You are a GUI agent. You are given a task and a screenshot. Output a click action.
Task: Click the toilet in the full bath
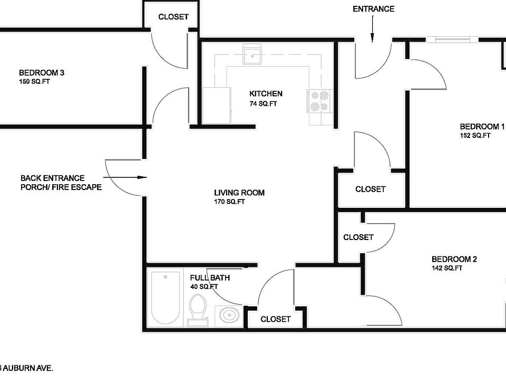(197, 307)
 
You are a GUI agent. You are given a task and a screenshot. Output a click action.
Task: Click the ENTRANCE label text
(373, 9)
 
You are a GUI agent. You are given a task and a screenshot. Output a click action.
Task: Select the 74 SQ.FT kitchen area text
(263, 104)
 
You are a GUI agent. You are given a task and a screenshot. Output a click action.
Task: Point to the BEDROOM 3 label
(41, 73)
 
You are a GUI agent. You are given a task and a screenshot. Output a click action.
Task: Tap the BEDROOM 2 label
(454, 259)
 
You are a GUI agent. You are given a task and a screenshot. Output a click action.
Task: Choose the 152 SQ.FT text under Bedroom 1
(475, 135)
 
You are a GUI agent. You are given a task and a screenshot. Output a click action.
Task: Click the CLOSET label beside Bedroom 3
(173, 17)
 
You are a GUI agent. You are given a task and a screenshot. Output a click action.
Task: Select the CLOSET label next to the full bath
(275, 319)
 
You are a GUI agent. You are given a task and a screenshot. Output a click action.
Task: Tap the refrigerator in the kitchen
(217, 105)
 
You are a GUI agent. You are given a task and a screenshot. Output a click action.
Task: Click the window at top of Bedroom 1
(451, 39)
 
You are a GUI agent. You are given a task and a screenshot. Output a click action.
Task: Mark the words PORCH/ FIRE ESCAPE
(61, 187)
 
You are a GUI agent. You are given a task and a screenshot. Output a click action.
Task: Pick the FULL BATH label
(210, 278)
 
